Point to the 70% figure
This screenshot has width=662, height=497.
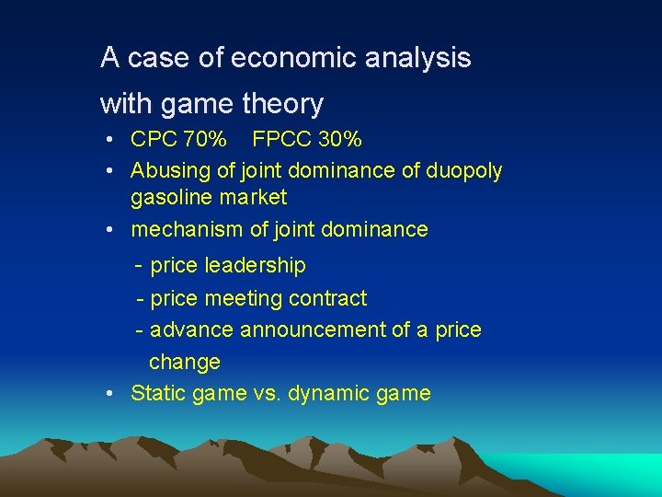pyautogui.click(x=205, y=140)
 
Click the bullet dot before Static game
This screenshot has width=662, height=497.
pyautogui.click(x=108, y=394)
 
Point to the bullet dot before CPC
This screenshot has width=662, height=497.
pyautogui.click(x=108, y=140)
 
